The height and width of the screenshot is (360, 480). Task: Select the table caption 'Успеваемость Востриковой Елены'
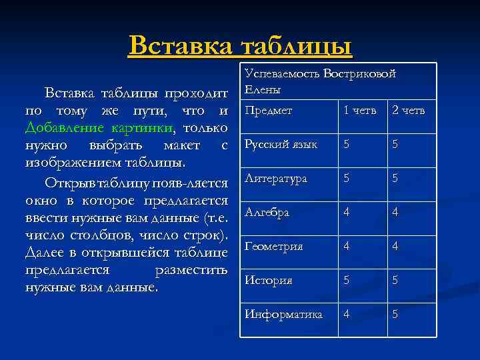coord(320,81)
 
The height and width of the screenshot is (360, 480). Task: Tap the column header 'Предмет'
coord(269,110)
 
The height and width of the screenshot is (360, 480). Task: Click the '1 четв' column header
coord(360,110)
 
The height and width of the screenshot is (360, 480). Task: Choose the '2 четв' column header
coord(408,110)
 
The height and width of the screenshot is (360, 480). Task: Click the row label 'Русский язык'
coord(281,143)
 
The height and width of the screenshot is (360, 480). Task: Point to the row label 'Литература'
coord(276,178)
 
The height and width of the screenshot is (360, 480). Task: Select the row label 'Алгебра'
coord(267,212)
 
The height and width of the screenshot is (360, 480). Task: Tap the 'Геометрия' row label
coord(274,246)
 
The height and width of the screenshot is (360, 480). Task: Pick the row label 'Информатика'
coord(283,313)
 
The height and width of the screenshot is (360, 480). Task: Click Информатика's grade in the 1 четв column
coord(346,313)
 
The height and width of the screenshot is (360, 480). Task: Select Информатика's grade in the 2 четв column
coord(395,313)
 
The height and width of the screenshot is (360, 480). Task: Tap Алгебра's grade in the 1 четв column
coord(346,212)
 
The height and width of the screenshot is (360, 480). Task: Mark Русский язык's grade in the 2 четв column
coord(395,143)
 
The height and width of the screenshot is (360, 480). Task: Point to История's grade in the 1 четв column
coord(346,280)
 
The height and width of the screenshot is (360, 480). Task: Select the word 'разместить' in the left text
coord(191,271)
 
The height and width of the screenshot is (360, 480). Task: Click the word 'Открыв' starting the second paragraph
coord(67,182)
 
